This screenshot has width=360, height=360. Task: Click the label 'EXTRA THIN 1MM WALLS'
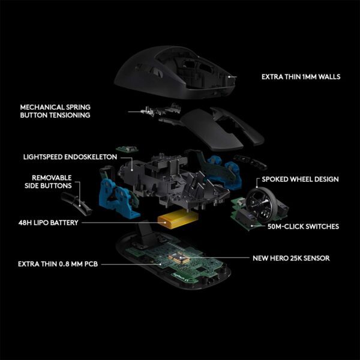(x=301, y=77)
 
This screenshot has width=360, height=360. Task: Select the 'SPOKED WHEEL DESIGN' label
(x=300, y=179)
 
